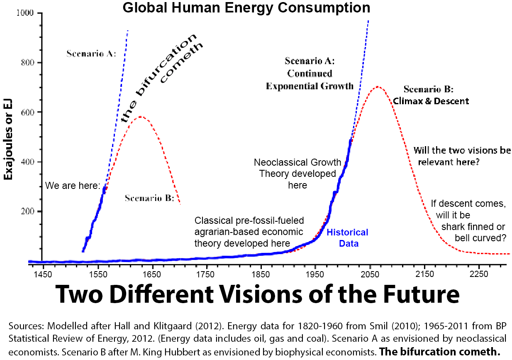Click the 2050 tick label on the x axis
[x=370, y=274]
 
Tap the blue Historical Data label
[x=347, y=238]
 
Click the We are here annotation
[x=73, y=185]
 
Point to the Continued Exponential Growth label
[x=310, y=80]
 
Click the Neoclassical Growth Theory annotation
[x=297, y=174]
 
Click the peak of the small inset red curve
[x=141, y=117]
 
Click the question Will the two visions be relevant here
[x=462, y=156]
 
